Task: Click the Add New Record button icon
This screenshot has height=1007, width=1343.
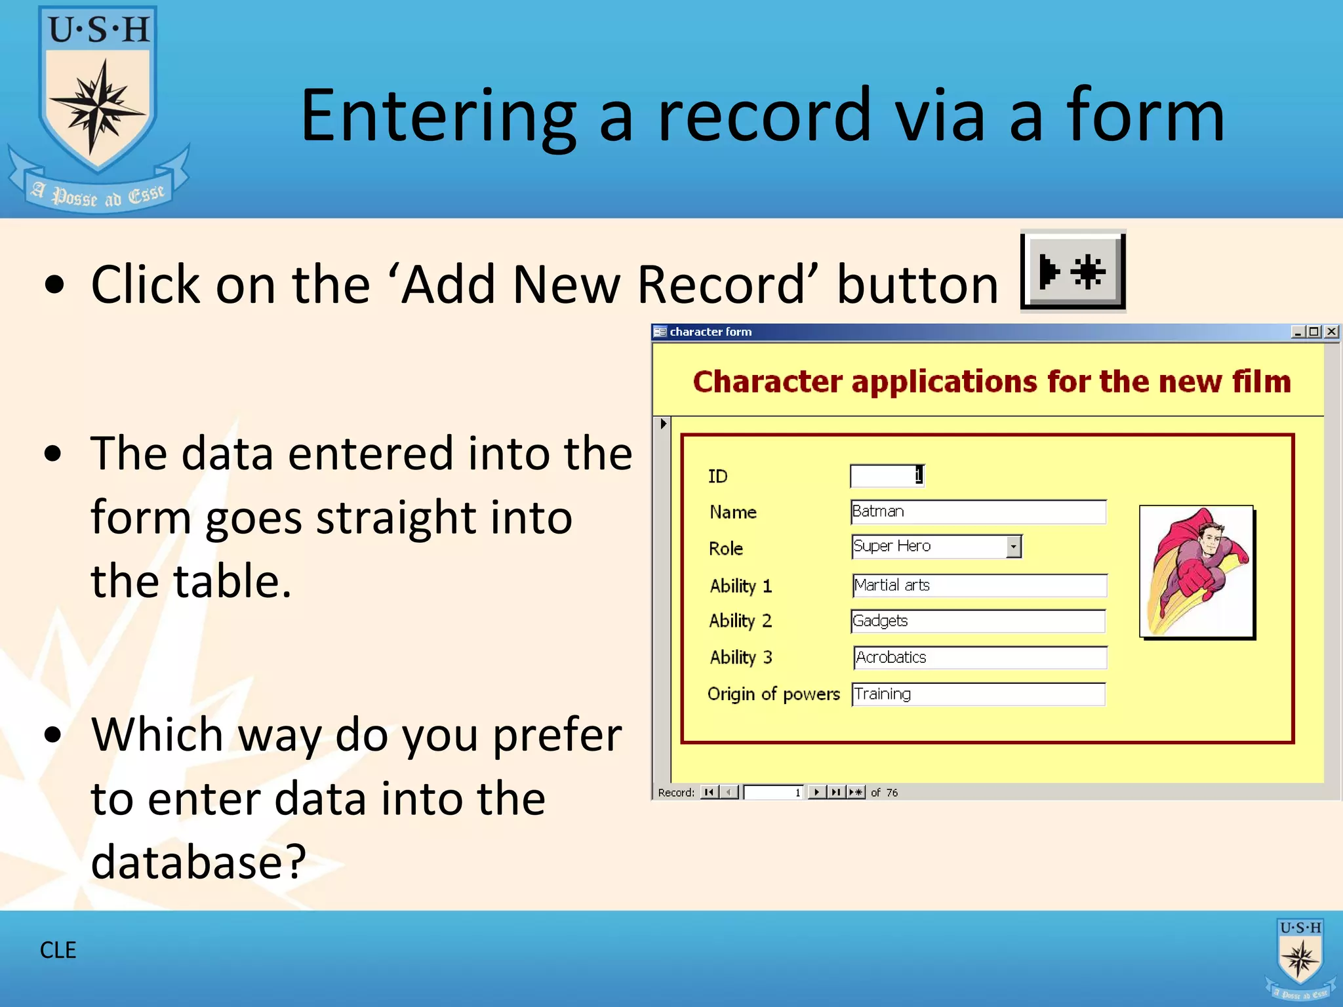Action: [1073, 271]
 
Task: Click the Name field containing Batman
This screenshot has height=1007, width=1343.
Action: [977, 511]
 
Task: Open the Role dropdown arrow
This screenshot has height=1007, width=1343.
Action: [1014, 546]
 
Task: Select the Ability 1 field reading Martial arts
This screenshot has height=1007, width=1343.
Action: [978, 585]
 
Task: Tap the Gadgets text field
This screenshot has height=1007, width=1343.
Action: [977, 621]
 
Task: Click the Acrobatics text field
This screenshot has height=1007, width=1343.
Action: [980, 657]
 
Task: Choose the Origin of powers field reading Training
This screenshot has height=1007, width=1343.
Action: [977, 694]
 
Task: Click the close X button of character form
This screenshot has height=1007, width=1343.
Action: [1331, 332]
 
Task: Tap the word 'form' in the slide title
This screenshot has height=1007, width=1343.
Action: [1145, 116]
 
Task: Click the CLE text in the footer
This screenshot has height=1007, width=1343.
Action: [58, 950]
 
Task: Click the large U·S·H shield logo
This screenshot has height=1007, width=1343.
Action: [98, 98]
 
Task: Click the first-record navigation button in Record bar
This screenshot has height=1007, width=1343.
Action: [709, 792]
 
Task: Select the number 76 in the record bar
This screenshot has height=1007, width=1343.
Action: [892, 793]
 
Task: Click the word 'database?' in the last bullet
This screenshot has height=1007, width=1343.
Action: [198, 861]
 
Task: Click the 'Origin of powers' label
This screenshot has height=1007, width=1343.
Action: [773, 694]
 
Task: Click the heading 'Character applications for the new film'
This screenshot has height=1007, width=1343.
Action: [991, 382]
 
